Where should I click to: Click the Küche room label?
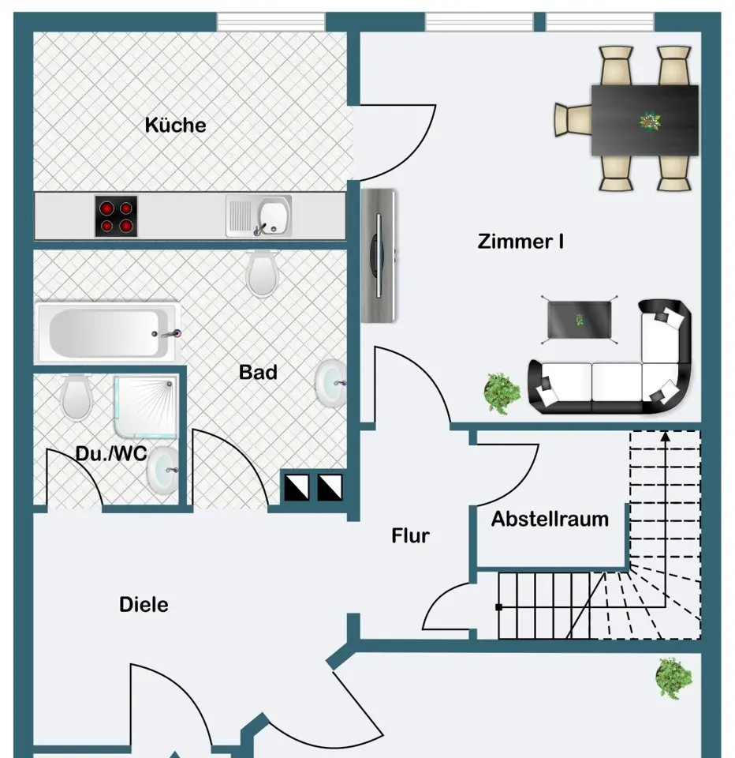pyautogui.click(x=175, y=126)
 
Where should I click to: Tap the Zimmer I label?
pyautogui.click(x=520, y=242)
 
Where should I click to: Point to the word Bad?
pyautogui.click(x=258, y=372)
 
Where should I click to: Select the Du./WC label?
pyautogui.click(x=111, y=453)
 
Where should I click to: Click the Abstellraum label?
pyautogui.click(x=550, y=520)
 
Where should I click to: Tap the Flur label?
pyautogui.click(x=410, y=535)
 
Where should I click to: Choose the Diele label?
pyautogui.click(x=144, y=605)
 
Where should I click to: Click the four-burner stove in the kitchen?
pyautogui.click(x=116, y=216)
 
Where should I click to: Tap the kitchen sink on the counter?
pyautogui.click(x=259, y=216)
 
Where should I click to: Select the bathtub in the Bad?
pyautogui.click(x=107, y=333)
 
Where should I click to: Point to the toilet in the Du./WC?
pyautogui.click(x=76, y=398)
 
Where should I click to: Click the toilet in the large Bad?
pyautogui.click(x=263, y=274)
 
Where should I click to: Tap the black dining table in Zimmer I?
pyautogui.click(x=644, y=120)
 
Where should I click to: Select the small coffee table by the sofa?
pyautogui.click(x=579, y=320)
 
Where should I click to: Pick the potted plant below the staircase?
pyautogui.click(x=673, y=677)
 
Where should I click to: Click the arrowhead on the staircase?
pyautogui.click(x=666, y=437)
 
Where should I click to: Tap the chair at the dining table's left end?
pyautogui.click(x=573, y=120)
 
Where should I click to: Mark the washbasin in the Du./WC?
pyautogui.click(x=162, y=470)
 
